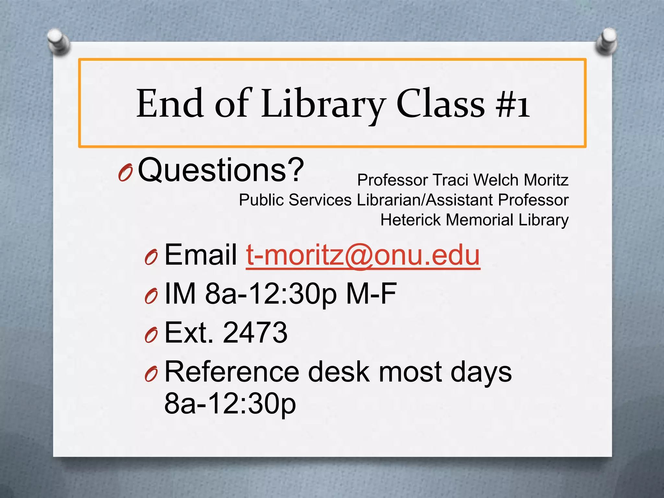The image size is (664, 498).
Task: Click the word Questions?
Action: click(221, 170)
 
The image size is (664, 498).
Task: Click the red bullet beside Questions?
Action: click(125, 173)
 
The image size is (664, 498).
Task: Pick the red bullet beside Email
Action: click(151, 257)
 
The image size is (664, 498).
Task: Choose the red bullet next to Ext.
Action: click(151, 335)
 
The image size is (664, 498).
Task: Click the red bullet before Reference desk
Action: click(151, 374)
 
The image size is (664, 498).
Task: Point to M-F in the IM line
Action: click(371, 294)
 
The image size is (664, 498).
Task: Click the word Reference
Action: click(232, 372)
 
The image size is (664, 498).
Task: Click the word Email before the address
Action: click(201, 255)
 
